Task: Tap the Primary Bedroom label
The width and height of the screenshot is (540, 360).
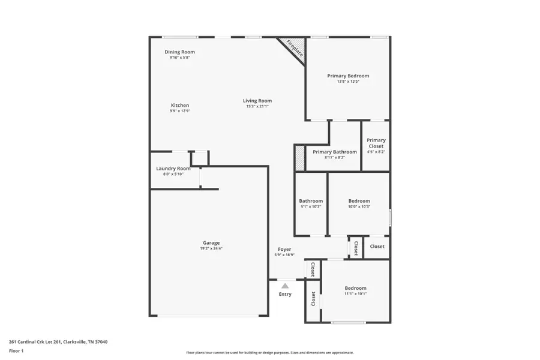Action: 348,76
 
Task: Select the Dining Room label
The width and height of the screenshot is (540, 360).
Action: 180,52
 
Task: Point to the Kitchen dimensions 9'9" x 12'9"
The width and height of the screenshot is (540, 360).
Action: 180,112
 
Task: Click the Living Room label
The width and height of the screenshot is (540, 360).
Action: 257,101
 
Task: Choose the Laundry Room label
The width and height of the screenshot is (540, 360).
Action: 173,169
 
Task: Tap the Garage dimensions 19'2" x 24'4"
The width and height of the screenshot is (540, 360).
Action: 211,248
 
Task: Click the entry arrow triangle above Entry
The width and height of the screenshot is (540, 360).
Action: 285,286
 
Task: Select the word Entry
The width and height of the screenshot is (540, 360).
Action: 285,294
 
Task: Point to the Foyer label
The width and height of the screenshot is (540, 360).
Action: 284,249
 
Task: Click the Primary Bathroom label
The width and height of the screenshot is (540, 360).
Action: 335,152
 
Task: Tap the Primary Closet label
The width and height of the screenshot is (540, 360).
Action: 376,143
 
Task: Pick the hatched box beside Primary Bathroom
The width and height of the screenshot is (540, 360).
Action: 300,158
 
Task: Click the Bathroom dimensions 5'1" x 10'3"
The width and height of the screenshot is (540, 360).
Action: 311,206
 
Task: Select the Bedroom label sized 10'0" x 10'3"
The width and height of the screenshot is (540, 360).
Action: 359,201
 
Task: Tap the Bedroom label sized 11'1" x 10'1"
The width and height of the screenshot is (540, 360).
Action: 355,288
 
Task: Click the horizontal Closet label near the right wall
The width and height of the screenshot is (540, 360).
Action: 377,247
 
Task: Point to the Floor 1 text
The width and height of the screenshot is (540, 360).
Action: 16,350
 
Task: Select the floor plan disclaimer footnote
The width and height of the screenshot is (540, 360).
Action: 270,353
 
